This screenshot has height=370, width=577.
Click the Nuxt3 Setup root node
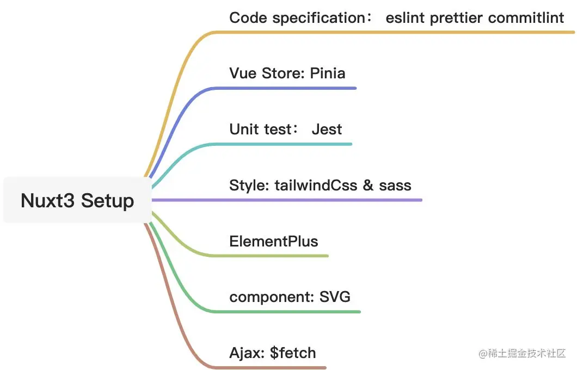(x=77, y=200)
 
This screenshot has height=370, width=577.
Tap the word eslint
(x=406, y=18)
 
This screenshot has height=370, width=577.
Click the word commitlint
(x=526, y=18)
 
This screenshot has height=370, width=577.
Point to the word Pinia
(x=328, y=73)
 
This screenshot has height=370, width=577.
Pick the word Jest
(x=327, y=129)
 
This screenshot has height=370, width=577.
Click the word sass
(x=395, y=185)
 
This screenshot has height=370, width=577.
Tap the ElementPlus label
(x=274, y=241)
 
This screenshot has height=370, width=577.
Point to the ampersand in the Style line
(x=369, y=185)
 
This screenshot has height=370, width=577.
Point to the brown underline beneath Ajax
(x=272, y=368)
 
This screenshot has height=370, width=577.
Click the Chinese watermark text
(x=523, y=354)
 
